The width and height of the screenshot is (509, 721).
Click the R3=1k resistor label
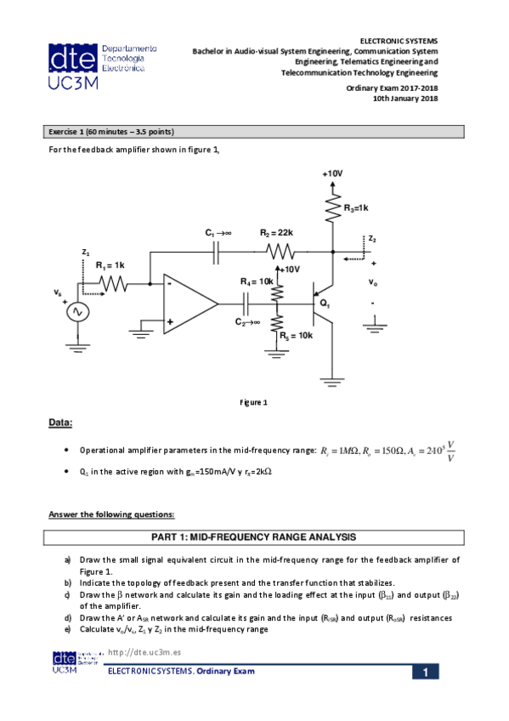tap(355, 208)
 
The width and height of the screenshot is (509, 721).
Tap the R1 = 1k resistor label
tap(110, 265)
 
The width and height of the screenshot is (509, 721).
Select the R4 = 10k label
tap(257, 281)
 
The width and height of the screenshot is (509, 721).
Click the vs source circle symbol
tap(78, 312)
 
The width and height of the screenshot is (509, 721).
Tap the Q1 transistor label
tap(325, 304)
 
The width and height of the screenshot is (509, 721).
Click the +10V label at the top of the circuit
tap(332, 173)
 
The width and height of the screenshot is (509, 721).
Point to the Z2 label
tap(372, 239)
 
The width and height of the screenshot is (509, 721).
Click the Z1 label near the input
tap(85, 253)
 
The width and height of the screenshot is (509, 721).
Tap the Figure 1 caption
tap(254, 402)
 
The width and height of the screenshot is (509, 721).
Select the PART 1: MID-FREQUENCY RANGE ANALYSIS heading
tap(254, 537)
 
